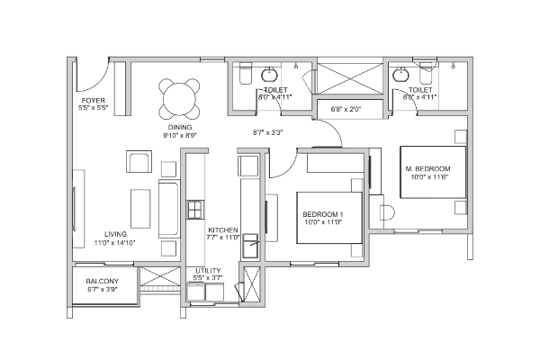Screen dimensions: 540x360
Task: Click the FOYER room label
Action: click(94, 101)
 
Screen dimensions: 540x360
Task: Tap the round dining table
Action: click(179, 99)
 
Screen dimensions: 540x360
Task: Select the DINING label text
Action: click(180, 127)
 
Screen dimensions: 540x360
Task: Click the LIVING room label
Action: click(115, 234)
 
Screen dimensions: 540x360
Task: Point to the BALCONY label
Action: click(103, 281)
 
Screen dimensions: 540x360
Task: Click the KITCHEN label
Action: click(223, 230)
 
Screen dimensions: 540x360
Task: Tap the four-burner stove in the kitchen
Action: click(195, 210)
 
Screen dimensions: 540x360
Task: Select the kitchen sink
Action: click(250, 246)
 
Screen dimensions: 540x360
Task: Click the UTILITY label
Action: click(208, 271)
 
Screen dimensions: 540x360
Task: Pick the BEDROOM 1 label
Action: click(323, 214)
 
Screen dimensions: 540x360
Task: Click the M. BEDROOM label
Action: click(427, 169)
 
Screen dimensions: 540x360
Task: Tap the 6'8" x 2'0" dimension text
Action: click(346, 110)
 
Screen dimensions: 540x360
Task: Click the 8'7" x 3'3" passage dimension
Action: click(267, 132)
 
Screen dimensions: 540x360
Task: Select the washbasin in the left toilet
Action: click(268, 75)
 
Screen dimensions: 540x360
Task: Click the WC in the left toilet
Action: click(246, 74)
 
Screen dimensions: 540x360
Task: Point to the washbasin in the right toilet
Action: click(400, 75)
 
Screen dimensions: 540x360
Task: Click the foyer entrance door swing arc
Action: click(99, 81)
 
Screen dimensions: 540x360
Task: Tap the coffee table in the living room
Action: click(140, 209)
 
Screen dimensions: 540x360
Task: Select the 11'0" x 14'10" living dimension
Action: click(114, 242)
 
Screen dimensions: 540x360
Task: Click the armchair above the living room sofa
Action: click(139, 161)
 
